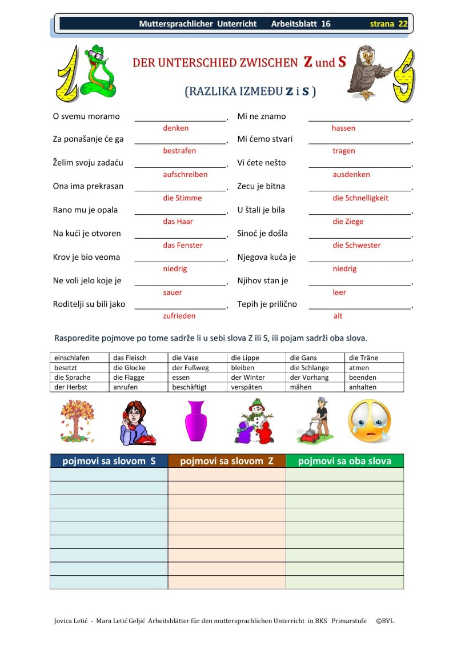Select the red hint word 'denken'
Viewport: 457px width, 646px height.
coord(175,129)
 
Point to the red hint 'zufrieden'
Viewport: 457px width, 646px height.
coord(179,316)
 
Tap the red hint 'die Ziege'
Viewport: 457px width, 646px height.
coord(347,222)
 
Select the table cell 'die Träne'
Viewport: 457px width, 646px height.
coord(363,358)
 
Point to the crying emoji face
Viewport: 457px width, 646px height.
coord(370,421)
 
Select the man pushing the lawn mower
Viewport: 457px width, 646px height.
coord(313,421)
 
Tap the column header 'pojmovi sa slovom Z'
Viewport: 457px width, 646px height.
coord(226,461)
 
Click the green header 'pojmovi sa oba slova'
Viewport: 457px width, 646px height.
coord(344,461)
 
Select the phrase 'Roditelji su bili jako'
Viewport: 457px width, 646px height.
coord(89,304)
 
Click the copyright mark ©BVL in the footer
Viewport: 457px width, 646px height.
coord(384,620)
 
